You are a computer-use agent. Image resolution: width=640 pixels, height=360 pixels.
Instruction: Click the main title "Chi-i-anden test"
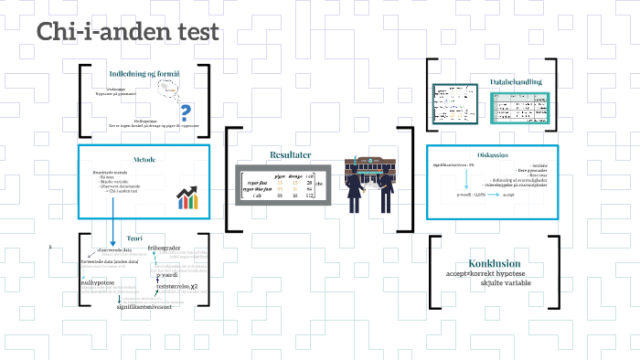(x=128, y=32)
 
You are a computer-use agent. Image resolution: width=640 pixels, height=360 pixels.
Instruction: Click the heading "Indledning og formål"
(x=144, y=74)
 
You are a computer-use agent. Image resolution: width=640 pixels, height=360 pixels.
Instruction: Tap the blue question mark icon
(x=186, y=112)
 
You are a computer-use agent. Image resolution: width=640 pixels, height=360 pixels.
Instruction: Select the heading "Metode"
(x=144, y=159)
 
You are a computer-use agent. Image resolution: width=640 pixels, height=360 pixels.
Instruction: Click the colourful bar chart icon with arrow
(x=188, y=196)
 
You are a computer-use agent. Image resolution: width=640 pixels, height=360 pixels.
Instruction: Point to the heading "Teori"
(x=134, y=238)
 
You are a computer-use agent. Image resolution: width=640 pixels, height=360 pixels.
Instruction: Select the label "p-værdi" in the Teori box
(x=171, y=274)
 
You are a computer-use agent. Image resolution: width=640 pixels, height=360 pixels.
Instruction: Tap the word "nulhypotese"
(x=98, y=283)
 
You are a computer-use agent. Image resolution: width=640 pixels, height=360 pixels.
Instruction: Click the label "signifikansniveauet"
(x=146, y=306)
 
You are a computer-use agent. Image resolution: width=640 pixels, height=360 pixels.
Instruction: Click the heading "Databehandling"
(x=515, y=82)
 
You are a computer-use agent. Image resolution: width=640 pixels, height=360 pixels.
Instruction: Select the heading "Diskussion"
(x=492, y=155)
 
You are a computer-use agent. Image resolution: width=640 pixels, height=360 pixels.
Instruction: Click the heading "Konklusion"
(x=494, y=263)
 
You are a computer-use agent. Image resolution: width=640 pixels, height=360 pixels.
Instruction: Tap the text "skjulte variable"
(x=505, y=283)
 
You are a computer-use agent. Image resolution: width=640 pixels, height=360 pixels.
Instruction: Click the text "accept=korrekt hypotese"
(x=485, y=274)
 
